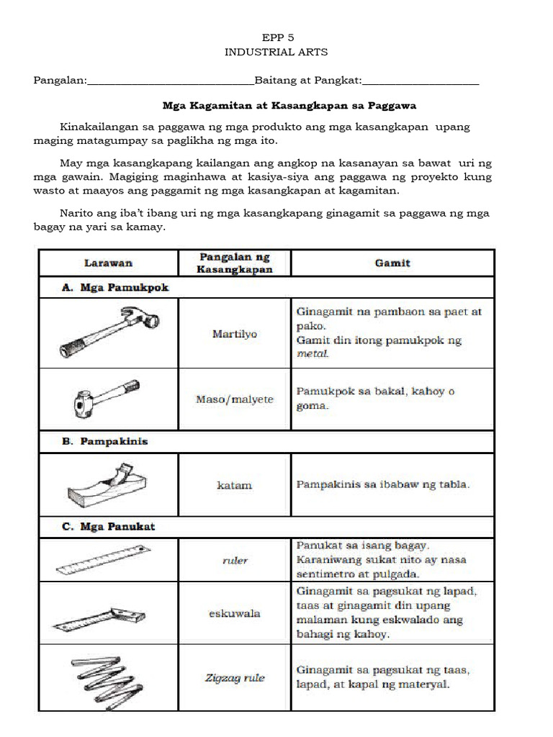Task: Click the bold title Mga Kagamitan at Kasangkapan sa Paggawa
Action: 290,105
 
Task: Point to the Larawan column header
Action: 107,263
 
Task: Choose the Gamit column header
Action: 392,263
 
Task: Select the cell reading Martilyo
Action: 235,334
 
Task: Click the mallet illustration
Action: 102,398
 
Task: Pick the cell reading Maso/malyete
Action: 235,399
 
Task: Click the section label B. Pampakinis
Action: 105,441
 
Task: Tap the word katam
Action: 235,485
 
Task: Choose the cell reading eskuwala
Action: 235,614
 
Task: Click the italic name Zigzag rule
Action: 235,677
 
